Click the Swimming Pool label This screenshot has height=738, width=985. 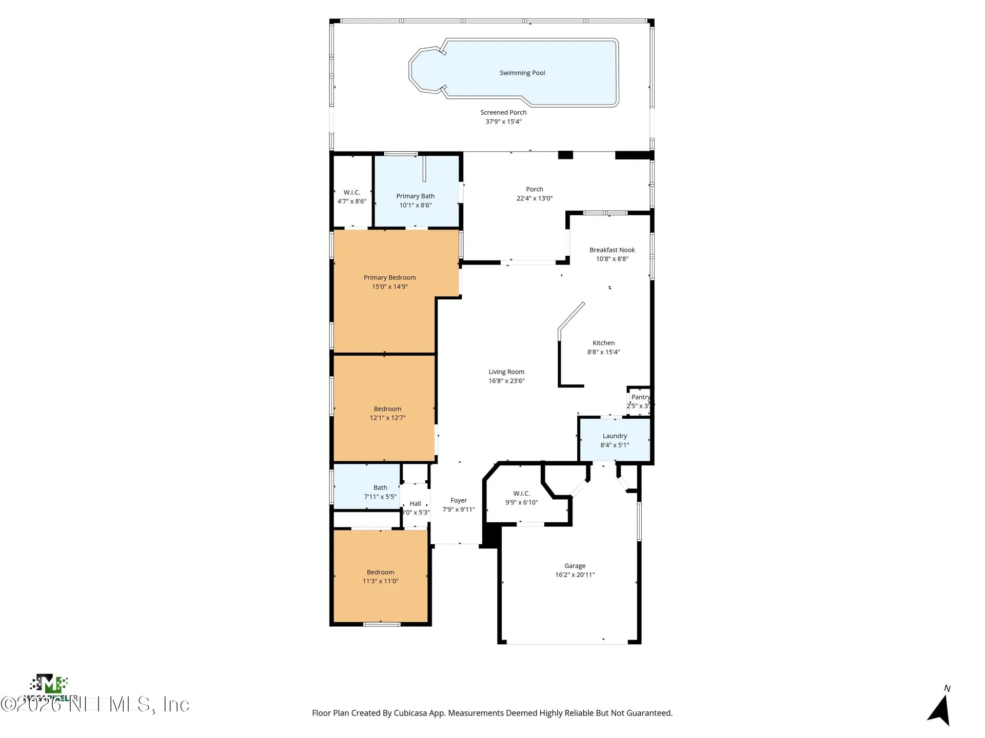[522, 73]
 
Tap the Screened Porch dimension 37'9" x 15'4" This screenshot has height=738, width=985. [503, 121]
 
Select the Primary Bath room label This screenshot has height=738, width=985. [415, 196]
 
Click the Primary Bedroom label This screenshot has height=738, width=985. [389, 278]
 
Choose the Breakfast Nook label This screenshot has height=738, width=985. [612, 250]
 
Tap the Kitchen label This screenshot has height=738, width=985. [603, 343]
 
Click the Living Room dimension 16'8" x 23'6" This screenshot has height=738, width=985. [506, 381]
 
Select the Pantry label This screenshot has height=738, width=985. [640, 397]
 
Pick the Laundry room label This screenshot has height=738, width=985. [615, 436]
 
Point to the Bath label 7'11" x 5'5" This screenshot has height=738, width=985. [380, 488]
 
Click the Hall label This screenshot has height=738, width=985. [415, 504]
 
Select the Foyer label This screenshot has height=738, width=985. [459, 501]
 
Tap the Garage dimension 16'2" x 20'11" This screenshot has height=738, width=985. [575, 575]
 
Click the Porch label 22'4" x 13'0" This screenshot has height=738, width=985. [534, 190]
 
